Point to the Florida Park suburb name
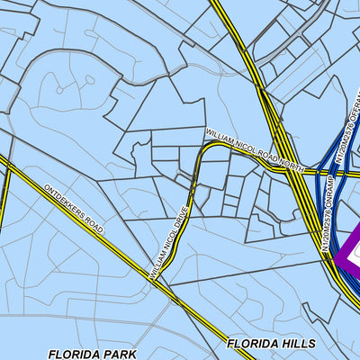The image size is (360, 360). (x=92, y=355)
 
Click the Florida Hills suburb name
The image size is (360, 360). (x=271, y=344)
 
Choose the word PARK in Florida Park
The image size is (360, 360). (x=119, y=355)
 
